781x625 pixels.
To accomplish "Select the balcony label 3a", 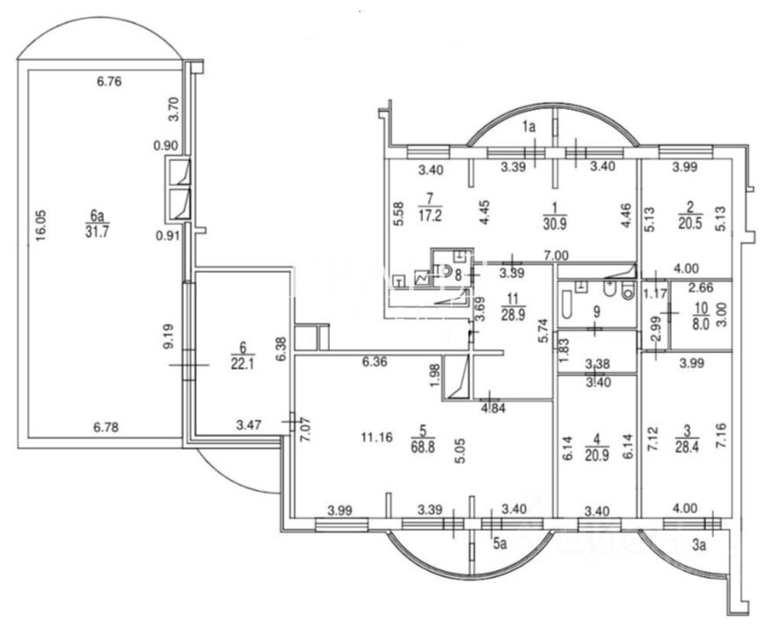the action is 700,545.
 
